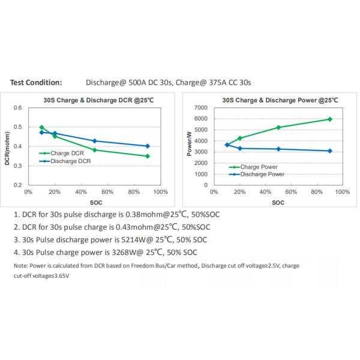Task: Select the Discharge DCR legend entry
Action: (68, 160)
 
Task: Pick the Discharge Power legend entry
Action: (260, 174)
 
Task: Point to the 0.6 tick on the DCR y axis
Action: (17, 108)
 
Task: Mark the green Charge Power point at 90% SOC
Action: (329, 119)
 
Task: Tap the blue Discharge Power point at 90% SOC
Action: (329, 151)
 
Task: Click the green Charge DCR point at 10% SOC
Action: (41, 127)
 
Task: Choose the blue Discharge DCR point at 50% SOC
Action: (95, 141)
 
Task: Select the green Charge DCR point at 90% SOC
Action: (148, 156)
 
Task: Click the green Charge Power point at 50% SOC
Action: (278, 127)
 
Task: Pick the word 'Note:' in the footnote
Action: (20, 265)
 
